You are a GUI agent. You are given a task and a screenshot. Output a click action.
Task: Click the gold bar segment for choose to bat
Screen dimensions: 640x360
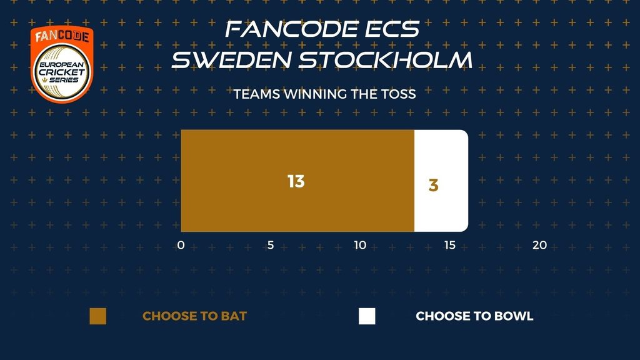[297, 181]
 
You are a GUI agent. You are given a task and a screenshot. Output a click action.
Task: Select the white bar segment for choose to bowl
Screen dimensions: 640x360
[441, 181]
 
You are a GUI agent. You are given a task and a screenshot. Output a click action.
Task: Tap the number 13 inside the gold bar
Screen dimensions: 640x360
[296, 181]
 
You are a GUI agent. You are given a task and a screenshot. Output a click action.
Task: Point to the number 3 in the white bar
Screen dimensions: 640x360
[434, 185]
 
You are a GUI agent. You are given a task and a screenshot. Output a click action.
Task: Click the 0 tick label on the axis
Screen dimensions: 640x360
[181, 245]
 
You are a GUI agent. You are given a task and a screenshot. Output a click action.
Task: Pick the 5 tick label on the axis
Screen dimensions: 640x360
[270, 245]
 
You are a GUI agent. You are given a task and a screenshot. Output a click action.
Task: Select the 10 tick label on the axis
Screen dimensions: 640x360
[360, 245]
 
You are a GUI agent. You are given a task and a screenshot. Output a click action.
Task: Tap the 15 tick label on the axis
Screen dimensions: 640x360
[450, 245]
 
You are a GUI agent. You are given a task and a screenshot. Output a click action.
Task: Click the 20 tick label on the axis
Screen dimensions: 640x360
[539, 245]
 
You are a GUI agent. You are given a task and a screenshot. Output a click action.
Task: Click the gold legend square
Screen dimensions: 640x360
[98, 316]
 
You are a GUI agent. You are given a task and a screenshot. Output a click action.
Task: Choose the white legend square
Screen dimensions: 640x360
[367, 316]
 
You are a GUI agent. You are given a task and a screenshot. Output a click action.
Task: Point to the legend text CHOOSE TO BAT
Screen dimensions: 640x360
[195, 316]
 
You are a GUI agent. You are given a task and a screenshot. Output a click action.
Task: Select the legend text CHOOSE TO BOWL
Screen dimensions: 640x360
[475, 316]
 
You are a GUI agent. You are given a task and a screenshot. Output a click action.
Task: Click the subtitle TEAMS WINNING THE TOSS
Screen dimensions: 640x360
[325, 94]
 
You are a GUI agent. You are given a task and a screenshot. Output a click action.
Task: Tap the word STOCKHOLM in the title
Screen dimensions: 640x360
[386, 59]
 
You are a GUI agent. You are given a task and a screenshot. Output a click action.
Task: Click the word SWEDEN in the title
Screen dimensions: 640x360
[231, 59]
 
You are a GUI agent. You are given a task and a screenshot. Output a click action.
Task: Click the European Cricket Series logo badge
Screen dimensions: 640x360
[62, 64]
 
